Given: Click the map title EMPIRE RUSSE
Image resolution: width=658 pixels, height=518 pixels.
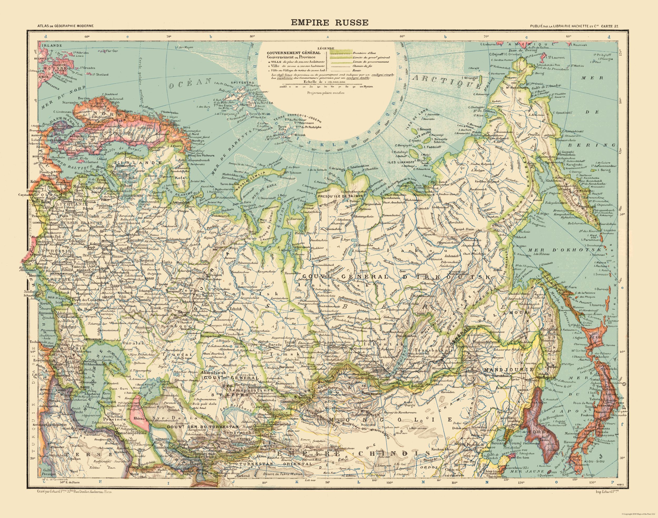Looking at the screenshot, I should click(330, 23).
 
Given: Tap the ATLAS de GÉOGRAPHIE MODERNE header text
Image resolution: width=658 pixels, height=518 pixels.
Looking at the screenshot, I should click(64, 26).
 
